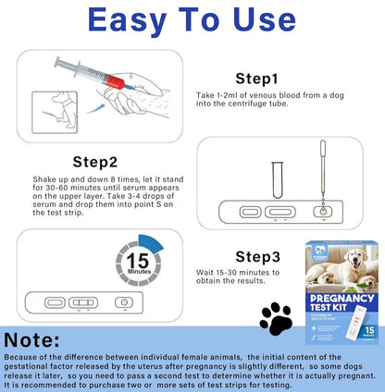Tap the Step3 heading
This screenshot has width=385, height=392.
pos(267,255)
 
